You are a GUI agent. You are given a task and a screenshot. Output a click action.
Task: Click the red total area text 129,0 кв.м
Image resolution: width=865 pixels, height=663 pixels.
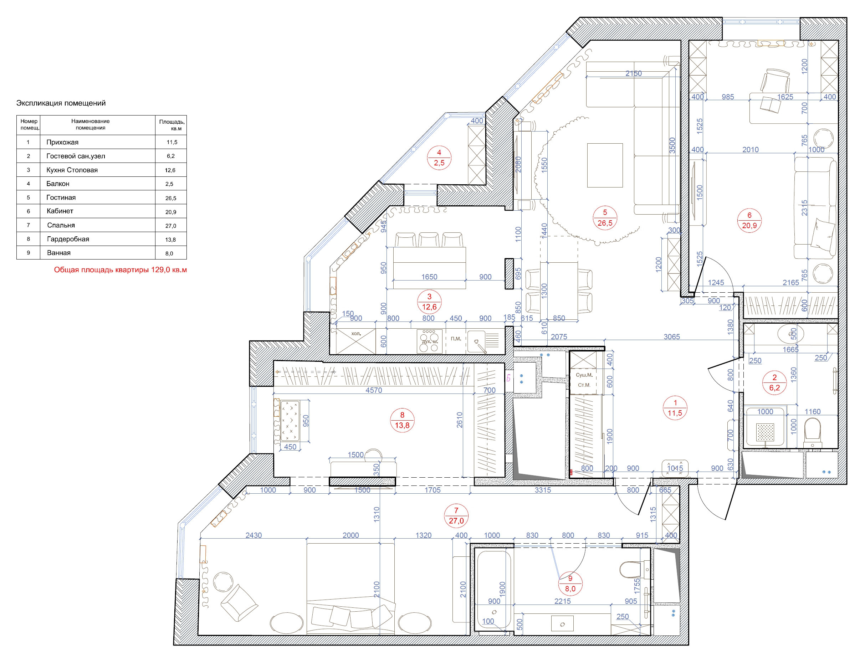(121, 270)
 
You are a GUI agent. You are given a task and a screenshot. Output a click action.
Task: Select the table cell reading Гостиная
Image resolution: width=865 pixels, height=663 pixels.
(61, 197)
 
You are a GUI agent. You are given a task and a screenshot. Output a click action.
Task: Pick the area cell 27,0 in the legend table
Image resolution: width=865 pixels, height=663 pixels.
(171, 226)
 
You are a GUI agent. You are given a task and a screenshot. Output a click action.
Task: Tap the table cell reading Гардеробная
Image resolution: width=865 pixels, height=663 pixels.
(68, 239)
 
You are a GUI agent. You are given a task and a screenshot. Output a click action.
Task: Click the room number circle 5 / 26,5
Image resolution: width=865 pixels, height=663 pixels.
(604, 218)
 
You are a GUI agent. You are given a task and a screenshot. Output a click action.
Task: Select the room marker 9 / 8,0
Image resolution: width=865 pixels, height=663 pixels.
(570, 584)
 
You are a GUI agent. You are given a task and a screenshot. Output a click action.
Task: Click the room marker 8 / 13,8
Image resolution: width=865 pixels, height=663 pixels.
(402, 420)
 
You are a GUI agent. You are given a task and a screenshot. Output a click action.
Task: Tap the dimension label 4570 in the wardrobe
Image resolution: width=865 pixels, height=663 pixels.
(373, 390)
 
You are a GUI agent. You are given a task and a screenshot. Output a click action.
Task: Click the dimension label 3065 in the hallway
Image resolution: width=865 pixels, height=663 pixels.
(671, 336)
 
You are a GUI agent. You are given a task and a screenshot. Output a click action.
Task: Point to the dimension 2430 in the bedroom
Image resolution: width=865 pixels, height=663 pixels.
(254, 535)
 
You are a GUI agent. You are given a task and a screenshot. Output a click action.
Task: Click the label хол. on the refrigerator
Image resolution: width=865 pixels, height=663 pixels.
(356, 334)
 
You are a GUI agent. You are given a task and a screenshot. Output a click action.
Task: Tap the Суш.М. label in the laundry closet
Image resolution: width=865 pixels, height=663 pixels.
(584, 375)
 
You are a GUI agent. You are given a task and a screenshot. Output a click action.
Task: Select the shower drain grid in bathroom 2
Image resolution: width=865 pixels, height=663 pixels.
(765, 431)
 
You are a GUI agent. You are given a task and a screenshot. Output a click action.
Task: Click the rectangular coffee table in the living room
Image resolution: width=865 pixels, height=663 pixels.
(604, 165)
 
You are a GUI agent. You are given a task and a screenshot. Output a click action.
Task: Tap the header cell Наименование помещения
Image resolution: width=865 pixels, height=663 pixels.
(91, 124)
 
